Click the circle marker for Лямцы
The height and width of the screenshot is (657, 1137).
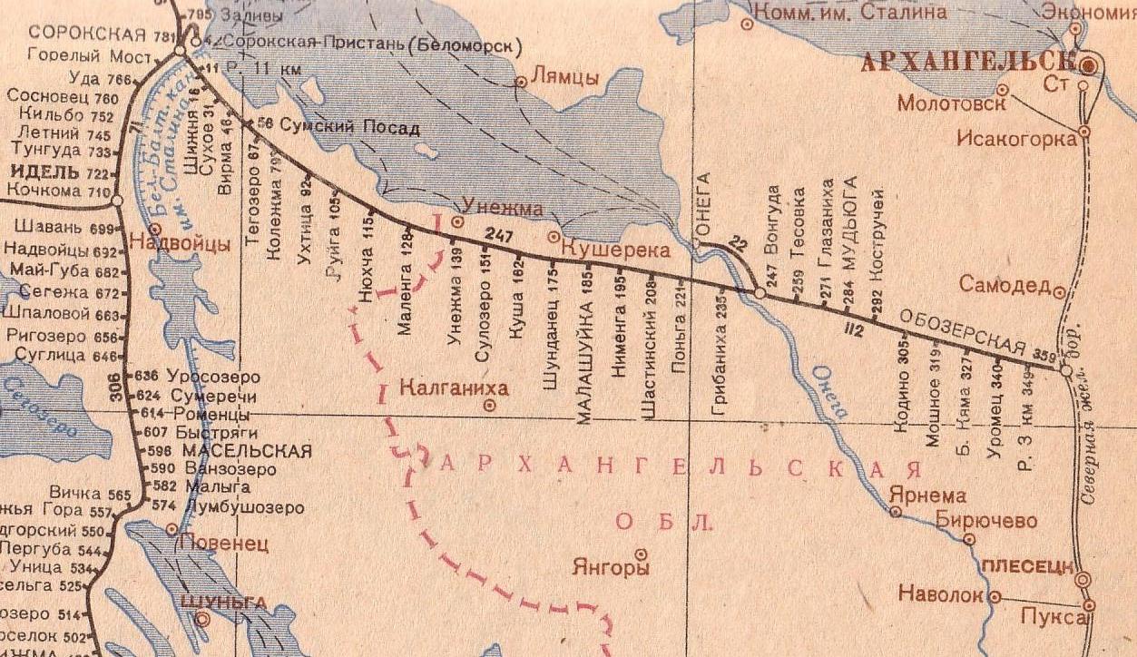tap(522, 82)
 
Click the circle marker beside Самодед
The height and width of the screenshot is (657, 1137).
tap(1059, 291)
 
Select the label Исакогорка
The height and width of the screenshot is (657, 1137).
tap(1016, 138)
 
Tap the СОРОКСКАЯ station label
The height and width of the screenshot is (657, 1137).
tap(87, 34)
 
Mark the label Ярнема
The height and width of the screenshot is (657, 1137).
tap(927, 496)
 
